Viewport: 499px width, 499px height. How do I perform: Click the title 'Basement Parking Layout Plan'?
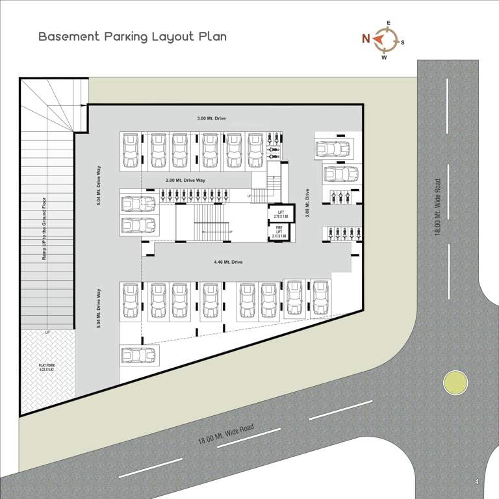click(x=133, y=36)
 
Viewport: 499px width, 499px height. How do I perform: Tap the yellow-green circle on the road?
click(x=455, y=382)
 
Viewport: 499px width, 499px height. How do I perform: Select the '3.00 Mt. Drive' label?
click(x=212, y=119)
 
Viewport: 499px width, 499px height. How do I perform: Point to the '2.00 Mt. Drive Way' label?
click(x=185, y=180)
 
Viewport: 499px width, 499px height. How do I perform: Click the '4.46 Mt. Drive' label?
click(x=227, y=262)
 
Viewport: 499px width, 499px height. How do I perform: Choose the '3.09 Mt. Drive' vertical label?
click(x=307, y=203)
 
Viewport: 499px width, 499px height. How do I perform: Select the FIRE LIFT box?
click(x=280, y=230)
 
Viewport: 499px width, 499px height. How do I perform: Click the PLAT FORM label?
click(x=46, y=368)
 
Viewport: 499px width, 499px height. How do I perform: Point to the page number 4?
click(x=477, y=481)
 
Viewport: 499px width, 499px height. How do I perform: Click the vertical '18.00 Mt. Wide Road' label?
click(x=439, y=207)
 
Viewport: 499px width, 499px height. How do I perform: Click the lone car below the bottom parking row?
click(x=138, y=355)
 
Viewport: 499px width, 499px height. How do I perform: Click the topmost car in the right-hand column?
click(x=333, y=148)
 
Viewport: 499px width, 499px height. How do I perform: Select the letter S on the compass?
click(x=403, y=43)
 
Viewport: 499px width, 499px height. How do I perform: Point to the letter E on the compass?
click(x=389, y=23)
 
